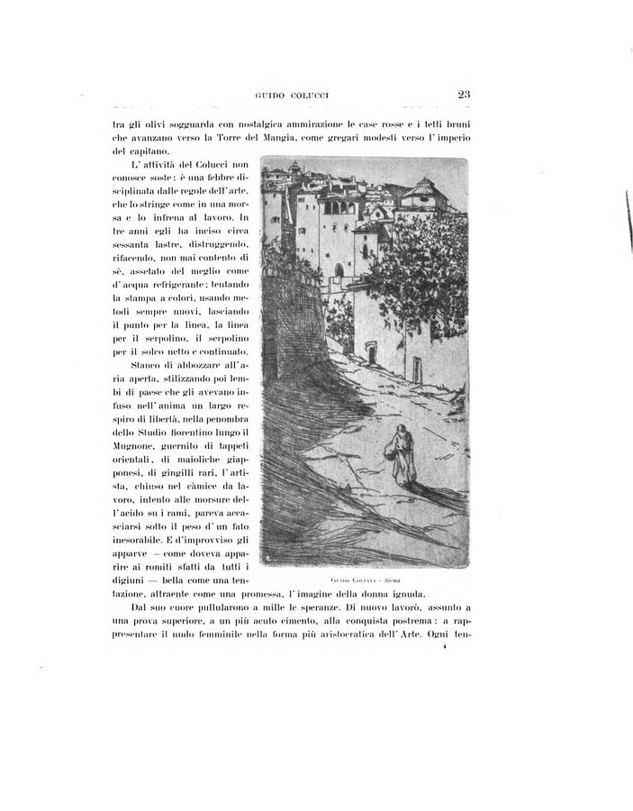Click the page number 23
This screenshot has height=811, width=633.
tap(465, 93)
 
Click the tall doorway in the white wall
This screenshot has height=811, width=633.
tap(372, 354)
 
